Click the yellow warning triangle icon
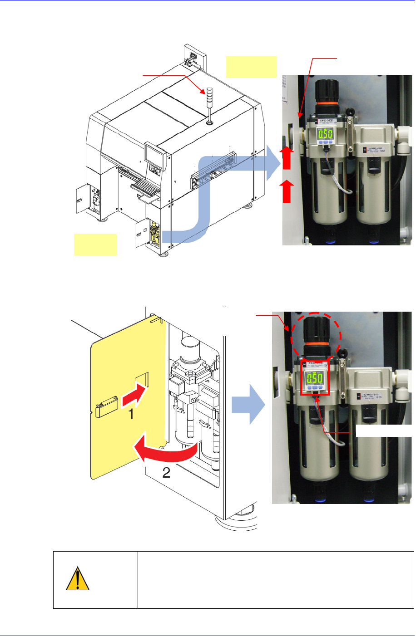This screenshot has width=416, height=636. click(x=77, y=579)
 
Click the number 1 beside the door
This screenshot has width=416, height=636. click(x=131, y=414)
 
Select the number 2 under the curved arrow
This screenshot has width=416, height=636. click(x=166, y=473)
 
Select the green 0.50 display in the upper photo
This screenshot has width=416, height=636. click(x=325, y=134)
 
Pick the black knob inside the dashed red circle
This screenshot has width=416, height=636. click(x=316, y=334)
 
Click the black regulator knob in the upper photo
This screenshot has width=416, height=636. click(x=325, y=93)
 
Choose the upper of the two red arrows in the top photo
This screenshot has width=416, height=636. click(x=287, y=157)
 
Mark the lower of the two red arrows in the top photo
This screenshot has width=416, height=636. click(x=287, y=191)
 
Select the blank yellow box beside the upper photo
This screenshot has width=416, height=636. click(x=251, y=67)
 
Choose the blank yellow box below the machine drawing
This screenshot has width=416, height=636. click(x=95, y=244)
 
